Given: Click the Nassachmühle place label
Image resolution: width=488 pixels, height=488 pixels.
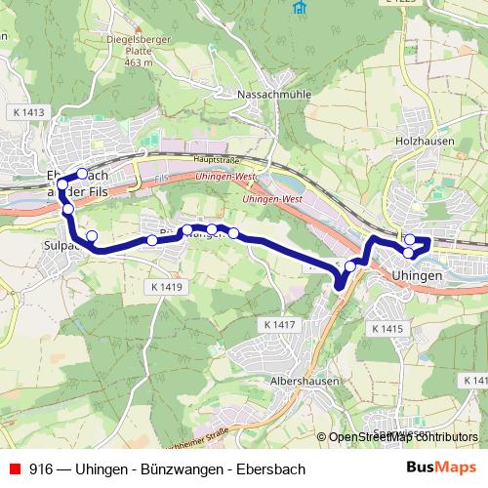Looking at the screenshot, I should click(x=267, y=95).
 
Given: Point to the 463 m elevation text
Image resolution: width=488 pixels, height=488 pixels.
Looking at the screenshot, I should click(x=139, y=62).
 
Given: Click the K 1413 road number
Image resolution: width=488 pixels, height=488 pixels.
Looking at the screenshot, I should click(x=30, y=112).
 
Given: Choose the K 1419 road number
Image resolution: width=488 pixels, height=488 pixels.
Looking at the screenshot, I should click(x=168, y=288).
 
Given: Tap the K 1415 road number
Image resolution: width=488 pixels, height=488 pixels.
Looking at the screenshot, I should click(x=386, y=330).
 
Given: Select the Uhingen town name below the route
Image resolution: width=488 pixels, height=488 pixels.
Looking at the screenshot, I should click(x=419, y=276).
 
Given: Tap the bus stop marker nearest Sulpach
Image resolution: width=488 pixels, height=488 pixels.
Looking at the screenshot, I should click(x=92, y=235).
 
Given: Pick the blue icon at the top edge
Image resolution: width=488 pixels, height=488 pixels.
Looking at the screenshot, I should click(x=298, y=5).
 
